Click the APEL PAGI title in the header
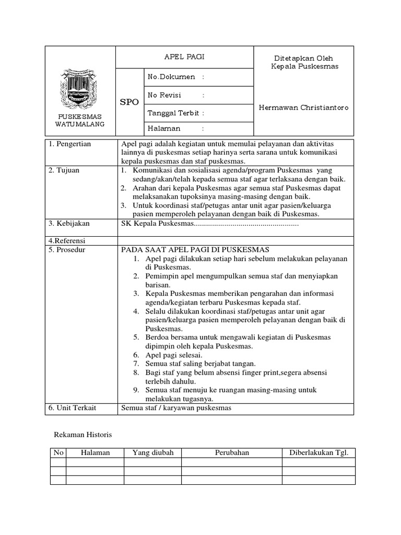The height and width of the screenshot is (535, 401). pos(184,57)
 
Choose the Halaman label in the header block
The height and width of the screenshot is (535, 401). pos(164,128)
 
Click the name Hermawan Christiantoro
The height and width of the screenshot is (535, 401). pos(303,108)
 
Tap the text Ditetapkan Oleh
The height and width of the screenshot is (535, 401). pos(304,58)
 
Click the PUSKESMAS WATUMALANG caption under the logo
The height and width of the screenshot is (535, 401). pos(80,120)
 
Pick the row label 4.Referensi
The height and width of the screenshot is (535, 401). pos(67,241)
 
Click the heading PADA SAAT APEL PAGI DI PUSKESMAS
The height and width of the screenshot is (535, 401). pos(195,250)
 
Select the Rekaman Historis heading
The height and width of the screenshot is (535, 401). pos(84,435)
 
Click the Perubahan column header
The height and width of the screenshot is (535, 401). pos(232,452)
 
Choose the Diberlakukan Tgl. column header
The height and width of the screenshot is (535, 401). pos(319,452)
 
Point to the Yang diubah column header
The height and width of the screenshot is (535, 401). pos(153,452)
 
